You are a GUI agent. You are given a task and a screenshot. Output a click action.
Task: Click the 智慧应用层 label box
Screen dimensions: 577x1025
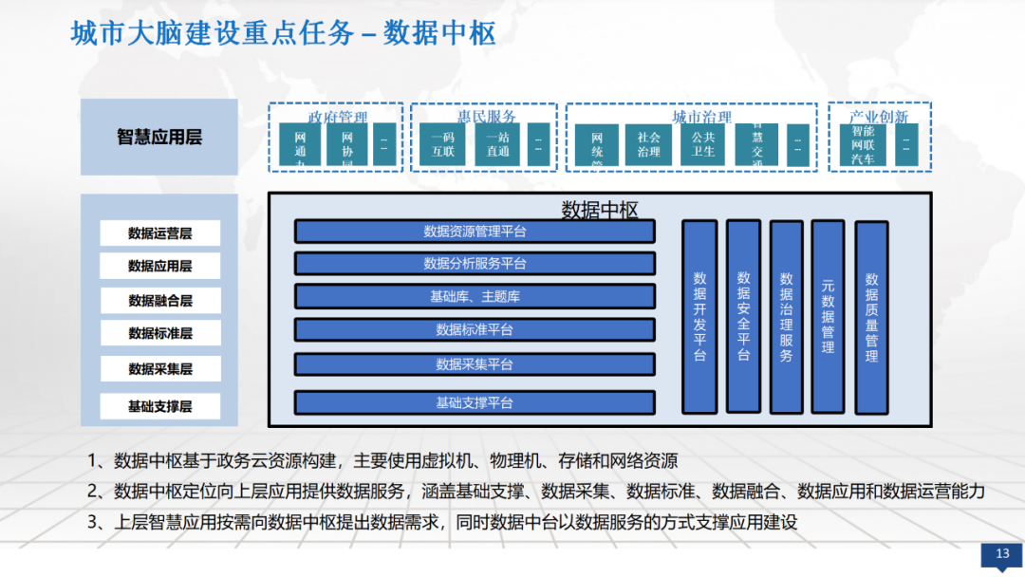[x=158, y=138]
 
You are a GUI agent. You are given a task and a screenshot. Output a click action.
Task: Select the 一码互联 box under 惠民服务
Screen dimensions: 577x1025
[x=442, y=144]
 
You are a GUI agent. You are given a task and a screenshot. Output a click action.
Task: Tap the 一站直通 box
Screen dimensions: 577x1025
[x=498, y=144]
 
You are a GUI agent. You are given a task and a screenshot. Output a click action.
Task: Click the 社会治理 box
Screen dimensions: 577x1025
[x=648, y=144]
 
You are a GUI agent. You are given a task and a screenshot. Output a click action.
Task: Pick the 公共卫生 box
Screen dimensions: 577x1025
[x=702, y=144]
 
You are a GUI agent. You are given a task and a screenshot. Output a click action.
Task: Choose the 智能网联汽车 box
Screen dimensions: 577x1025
[x=863, y=144]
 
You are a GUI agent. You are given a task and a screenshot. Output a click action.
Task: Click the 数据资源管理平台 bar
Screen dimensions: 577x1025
[x=475, y=232]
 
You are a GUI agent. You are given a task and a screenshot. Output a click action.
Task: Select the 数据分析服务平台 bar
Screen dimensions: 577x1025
[x=475, y=263]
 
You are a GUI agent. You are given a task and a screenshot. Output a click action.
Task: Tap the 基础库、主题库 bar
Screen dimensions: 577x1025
[x=475, y=296]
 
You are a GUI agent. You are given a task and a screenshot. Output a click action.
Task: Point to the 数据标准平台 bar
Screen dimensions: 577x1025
[x=475, y=329]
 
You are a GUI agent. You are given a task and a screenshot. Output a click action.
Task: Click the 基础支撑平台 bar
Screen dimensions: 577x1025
[x=475, y=402]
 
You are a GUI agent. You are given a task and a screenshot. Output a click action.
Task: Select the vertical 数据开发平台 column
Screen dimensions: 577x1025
[x=699, y=317]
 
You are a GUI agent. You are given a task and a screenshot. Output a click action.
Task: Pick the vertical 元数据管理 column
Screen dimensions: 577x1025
[x=828, y=317]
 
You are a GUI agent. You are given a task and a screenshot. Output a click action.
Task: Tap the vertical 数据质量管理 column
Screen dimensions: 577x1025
[x=871, y=317]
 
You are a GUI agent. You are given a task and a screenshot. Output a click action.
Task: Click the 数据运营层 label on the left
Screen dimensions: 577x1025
[x=159, y=233]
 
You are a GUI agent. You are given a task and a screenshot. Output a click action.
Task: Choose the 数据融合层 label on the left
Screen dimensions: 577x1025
[x=159, y=301]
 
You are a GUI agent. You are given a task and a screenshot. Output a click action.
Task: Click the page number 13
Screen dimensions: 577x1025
[x=1001, y=554]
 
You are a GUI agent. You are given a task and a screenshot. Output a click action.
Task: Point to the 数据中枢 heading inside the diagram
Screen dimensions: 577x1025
[x=600, y=210]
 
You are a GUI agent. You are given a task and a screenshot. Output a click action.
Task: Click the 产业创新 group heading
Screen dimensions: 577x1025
[x=879, y=117]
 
